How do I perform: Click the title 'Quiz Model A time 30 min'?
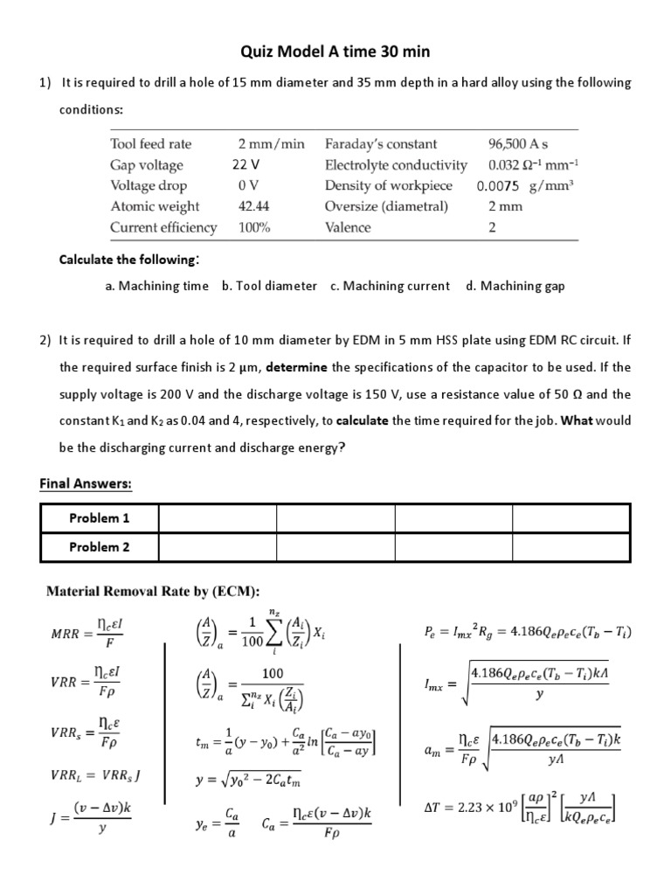(335, 52)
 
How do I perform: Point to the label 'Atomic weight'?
(155, 206)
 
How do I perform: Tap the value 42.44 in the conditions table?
(253, 206)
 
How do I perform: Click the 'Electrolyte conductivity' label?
(396, 164)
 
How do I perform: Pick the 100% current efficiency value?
(254, 227)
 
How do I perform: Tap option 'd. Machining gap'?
(515, 286)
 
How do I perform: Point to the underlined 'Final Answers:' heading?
(86, 483)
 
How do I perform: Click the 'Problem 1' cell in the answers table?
(99, 518)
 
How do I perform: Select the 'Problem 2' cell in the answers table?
(99, 547)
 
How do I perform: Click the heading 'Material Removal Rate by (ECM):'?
(152, 592)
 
